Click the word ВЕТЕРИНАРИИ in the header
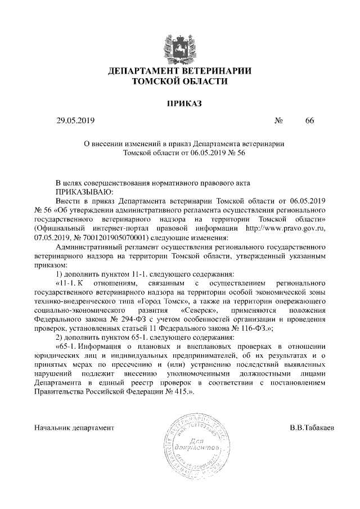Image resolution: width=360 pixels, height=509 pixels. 215,71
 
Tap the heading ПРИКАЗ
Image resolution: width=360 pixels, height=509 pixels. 180,103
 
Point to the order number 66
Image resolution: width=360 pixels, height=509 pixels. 310,121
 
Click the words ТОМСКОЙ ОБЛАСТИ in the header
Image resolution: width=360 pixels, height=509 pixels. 180,82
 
